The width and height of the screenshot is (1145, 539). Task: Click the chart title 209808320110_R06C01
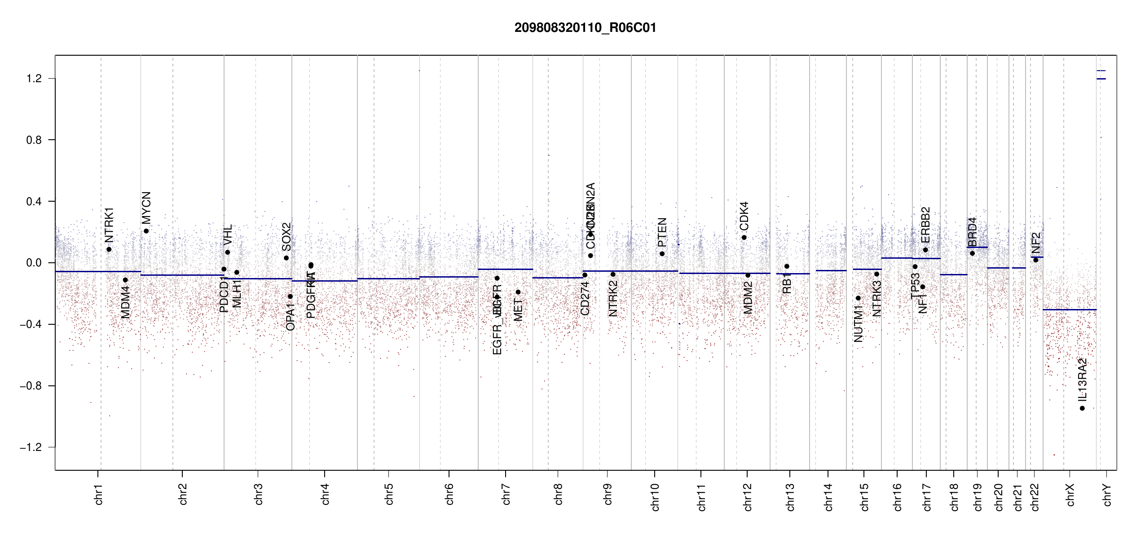click(585, 28)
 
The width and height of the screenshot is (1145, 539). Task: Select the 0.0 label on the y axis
click(34, 263)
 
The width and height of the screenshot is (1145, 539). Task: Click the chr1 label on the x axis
click(99, 494)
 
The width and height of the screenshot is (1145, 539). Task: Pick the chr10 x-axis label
click(655, 497)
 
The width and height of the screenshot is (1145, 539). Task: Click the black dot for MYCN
click(146, 231)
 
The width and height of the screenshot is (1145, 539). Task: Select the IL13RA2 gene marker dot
click(1082, 408)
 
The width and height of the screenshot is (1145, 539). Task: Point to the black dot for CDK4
click(744, 238)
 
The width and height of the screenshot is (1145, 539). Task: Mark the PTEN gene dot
click(662, 254)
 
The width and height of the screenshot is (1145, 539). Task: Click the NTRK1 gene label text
click(109, 225)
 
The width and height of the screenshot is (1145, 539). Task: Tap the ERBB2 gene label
click(925, 225)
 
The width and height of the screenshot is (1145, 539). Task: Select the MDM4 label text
click(125, 302)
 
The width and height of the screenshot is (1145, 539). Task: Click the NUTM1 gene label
click(858, 323)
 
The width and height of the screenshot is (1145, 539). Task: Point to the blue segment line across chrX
click(1069, 309)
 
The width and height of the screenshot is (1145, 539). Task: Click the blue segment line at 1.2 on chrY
click(1101, 79)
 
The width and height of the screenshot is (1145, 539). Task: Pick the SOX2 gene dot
click(286, 258)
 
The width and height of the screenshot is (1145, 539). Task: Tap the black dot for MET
click(518, 292)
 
